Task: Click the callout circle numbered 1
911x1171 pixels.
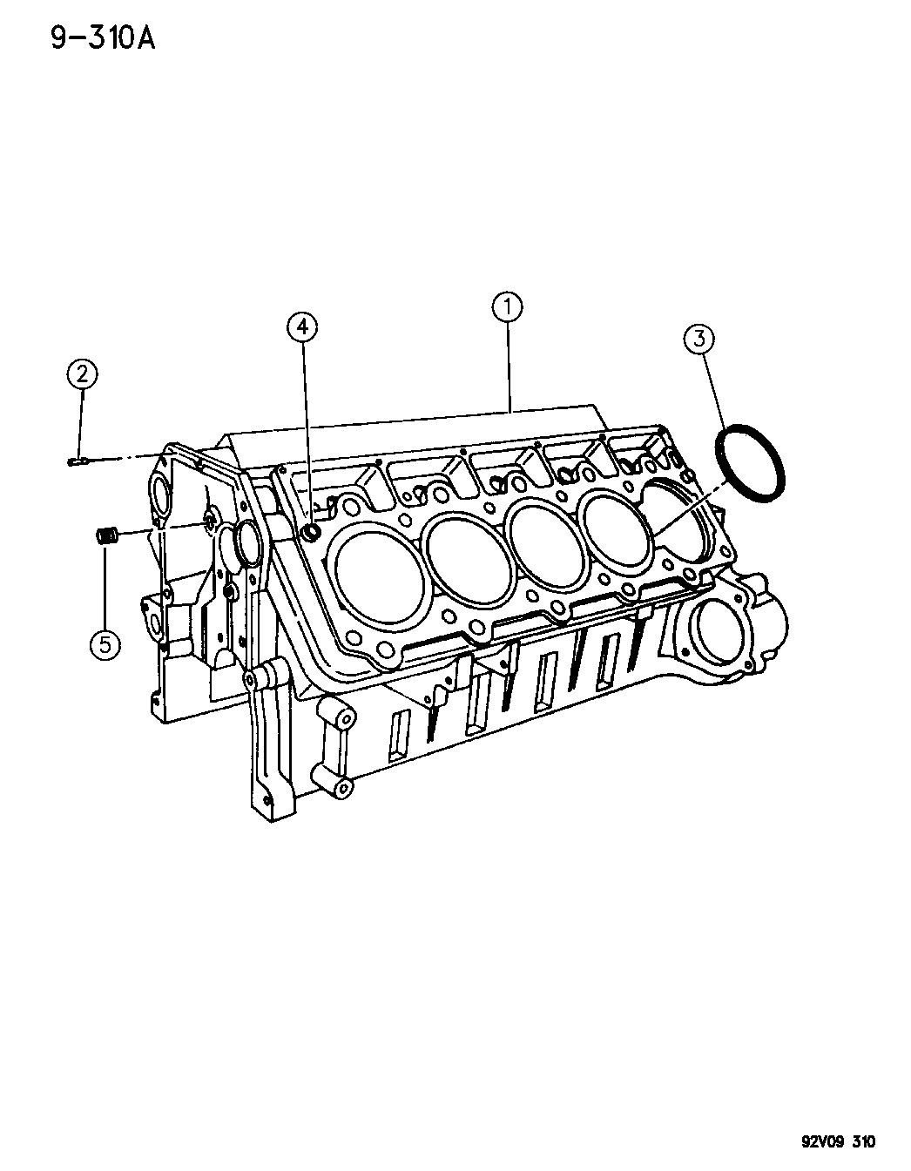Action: click(506, 307)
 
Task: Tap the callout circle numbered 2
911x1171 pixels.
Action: click(83, 374)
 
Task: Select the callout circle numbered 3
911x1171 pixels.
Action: click(699, 339)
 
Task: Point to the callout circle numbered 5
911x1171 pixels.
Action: click(105, 643)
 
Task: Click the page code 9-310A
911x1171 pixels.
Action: click(103, 39)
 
